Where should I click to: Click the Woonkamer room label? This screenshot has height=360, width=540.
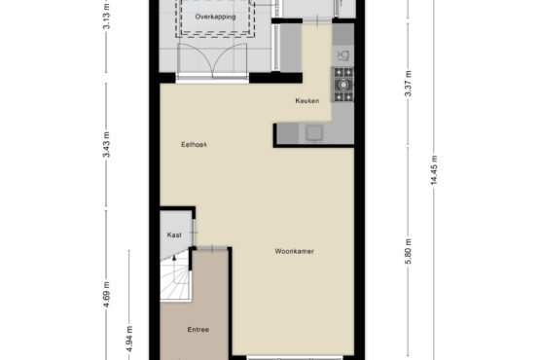[295, 251]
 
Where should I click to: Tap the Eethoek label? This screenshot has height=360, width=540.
[195, 145]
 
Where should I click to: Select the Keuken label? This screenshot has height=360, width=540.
[307, 101]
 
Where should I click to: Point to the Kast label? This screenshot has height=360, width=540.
[174, 234]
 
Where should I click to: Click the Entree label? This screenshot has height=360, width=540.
[198, 330]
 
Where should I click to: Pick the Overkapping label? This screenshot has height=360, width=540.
[216, 17]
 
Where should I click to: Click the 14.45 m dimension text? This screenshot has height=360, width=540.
[434, 170]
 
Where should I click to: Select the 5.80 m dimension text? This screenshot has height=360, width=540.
[408, 251]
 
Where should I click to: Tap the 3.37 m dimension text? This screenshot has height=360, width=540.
[408, 84]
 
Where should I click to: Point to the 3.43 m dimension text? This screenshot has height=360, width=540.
[106, 145]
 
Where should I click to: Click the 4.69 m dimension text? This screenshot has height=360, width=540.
[106, 295]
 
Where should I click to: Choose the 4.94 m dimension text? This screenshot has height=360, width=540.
[129, 339]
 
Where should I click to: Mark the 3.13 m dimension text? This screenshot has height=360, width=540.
[106, 16]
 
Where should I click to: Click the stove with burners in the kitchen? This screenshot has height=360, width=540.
[342, 85]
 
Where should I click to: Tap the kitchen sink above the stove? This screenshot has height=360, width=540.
[343, 55]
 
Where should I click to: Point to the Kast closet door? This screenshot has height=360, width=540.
[194, 233]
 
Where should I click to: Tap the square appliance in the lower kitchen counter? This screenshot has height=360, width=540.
[314, 133]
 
